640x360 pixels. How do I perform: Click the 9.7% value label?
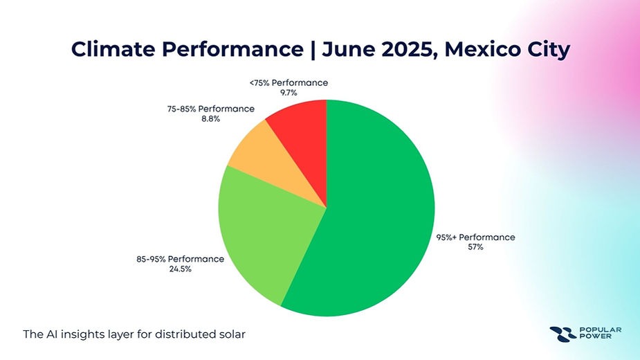tap(289, 91)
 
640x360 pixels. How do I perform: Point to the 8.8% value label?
tap(201, 118)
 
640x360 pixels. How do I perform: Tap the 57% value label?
tap(475, 246)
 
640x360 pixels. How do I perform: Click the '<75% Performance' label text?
tap(289, 82)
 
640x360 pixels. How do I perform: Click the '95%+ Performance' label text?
tap(475, 237)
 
